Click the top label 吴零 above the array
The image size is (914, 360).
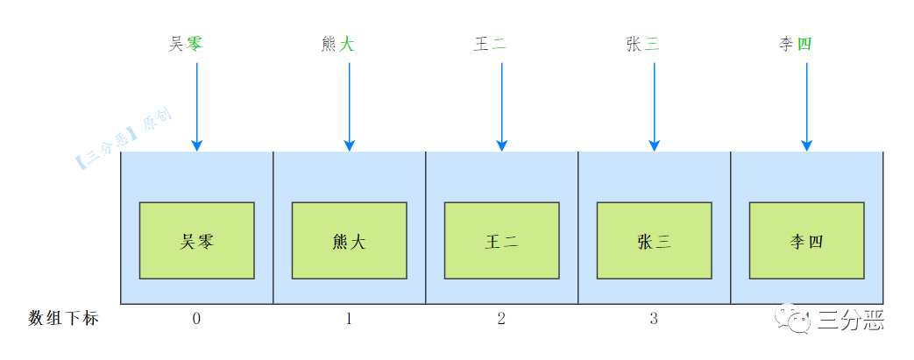coord(185,43)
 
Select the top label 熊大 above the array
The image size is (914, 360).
coord(337,43)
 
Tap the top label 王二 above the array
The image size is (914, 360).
coord(490,43)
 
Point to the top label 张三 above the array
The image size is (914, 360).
coord(642,43)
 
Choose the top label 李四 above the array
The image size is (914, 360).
coord(795,43)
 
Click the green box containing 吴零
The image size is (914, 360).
coord(197,241)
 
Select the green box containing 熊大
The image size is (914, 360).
coord(349,241)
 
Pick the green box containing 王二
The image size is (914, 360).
coord(501,241)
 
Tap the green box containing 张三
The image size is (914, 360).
coord(654,241)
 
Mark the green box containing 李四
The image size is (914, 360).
coord(806,241)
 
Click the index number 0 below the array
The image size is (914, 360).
coord(196,319)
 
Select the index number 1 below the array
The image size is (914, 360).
coord(349,319)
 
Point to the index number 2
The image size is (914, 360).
coord(501,319)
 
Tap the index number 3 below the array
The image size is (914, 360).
coord(654,319)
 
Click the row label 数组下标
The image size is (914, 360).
coord(63,319)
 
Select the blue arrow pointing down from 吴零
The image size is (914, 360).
coord(197,105)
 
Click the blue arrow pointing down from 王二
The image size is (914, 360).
coord(501,105)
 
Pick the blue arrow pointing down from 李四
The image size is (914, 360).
coord(806,105)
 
